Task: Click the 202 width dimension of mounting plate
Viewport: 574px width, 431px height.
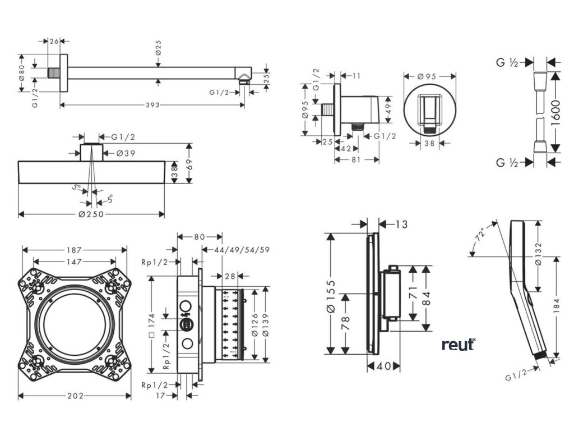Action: coord(75,396)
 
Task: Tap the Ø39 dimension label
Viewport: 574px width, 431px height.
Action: coord(127,153)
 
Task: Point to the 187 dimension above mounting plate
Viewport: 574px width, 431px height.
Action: coord(75,250)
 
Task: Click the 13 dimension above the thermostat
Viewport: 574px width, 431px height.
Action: coord(400,225)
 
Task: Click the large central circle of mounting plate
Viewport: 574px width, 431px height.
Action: coord(75,324)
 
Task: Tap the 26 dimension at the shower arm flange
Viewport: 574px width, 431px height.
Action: coord(54,40)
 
